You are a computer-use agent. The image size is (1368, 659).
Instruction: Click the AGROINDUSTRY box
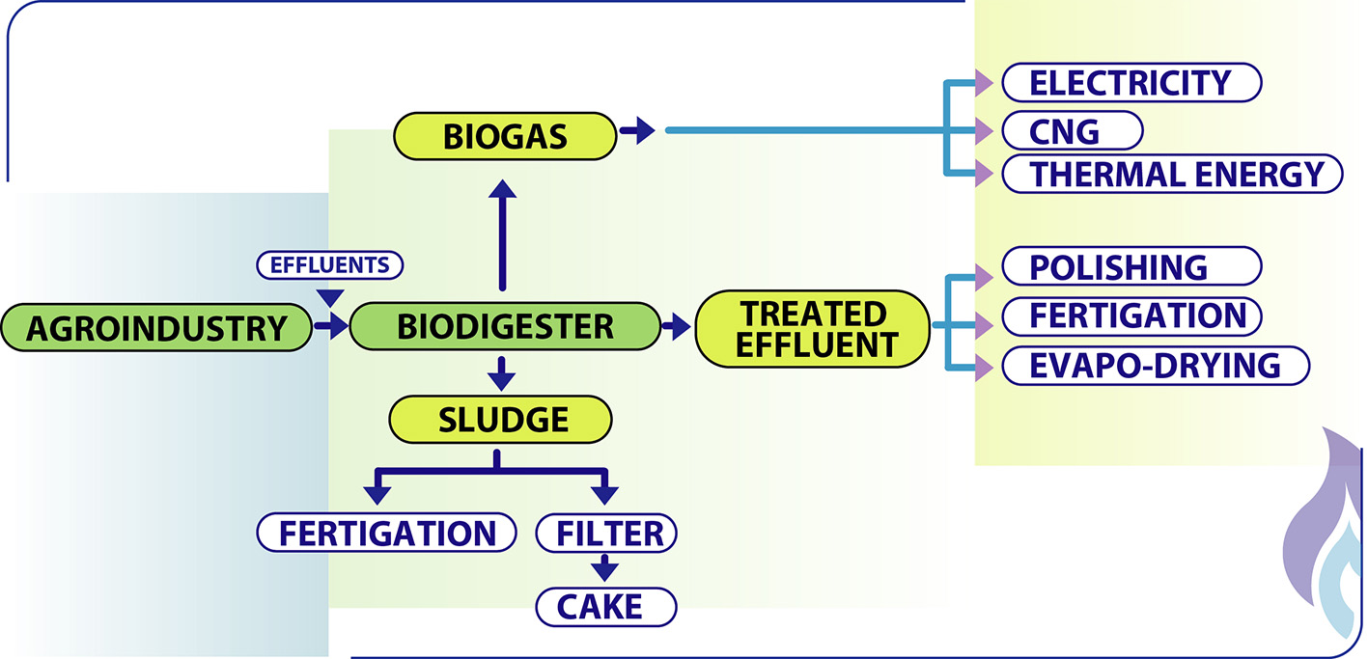click(x=156, y=328)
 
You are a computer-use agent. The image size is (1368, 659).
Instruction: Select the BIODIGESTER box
click(x=504, y=326)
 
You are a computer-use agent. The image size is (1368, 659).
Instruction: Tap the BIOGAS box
click(x=504, y=136)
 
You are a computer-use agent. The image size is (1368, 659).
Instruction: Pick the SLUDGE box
click(x=500, y=420)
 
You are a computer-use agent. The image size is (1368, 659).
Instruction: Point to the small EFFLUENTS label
click(x=329, y=263)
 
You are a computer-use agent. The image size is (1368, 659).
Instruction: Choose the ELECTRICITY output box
click(x=1131, y=83)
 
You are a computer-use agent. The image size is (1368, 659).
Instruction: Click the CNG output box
click(x=1072, y=128)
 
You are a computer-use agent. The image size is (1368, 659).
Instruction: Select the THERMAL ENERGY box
click(x=1172, y=174)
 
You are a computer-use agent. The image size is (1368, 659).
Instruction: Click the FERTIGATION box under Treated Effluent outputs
click(x=1131, y=316)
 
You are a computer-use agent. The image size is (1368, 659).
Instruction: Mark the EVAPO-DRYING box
click(x=1155, y=366)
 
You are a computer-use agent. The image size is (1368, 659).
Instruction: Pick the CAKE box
click(x=605, y=607)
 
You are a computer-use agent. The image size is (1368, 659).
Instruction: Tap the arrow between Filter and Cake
click(x=605, y=567)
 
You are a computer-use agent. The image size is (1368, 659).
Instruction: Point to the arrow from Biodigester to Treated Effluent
click(x=671, y=327)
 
